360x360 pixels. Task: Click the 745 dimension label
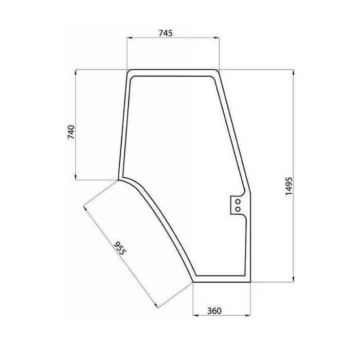[165, 33]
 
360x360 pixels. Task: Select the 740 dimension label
[71, 132]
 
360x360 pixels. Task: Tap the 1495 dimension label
[289, 186]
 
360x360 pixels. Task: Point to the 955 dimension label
[120, 248]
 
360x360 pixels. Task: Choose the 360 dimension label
[214, 311]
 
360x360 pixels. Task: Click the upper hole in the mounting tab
[238, 202]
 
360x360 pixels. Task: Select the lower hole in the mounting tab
[238, 209]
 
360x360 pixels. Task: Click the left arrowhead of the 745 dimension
[130, 38]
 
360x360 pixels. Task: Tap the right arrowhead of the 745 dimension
[217, 38]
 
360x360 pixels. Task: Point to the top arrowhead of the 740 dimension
[76, 73]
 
